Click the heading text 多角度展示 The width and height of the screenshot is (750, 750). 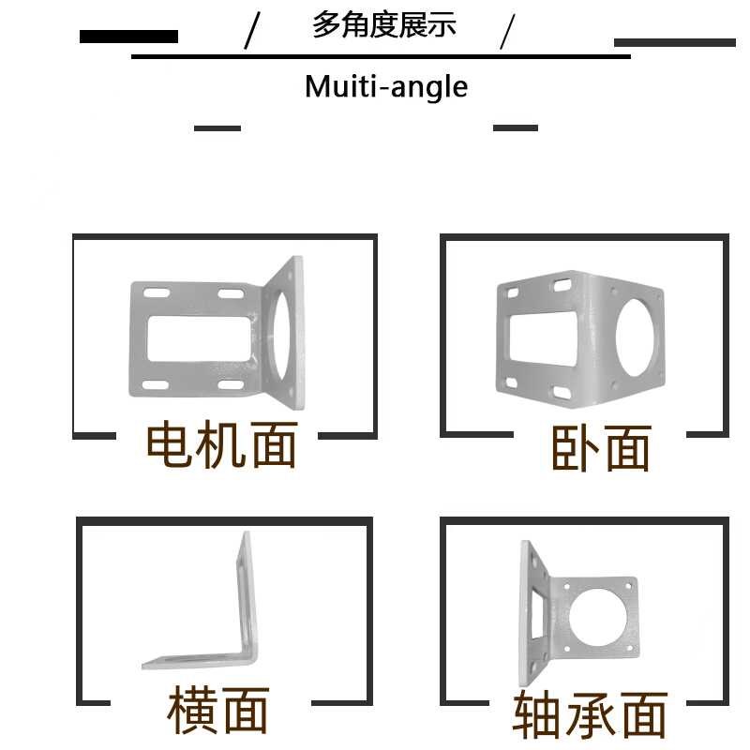coord(384,25)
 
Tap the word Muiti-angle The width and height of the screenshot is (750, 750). coord(385,87)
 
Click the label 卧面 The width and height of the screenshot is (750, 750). coord(600,448)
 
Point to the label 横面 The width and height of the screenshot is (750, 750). coord(217,710)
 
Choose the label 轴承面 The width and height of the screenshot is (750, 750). coord(590,715)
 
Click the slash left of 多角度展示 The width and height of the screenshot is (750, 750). coord(251,32)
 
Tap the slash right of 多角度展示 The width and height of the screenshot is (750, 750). coord(507,32)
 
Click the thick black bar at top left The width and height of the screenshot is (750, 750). coord(128,37)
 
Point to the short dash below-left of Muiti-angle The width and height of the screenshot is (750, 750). coord(217,128)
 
